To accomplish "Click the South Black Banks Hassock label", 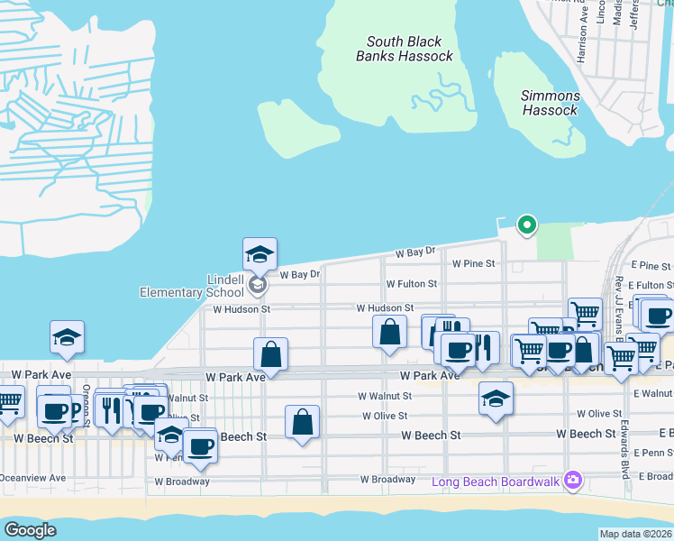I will click(405, 49).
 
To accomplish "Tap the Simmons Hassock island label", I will click(550, 103).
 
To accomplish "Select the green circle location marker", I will click(525, 225).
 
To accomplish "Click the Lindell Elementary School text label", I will click(192, 285).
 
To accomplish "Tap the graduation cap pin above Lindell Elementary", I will click(260, 254).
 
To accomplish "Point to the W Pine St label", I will click(473, 263).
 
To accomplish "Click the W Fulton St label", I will click(411, 283).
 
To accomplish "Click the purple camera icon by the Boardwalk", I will click(570, 479).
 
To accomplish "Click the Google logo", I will click(30, 530).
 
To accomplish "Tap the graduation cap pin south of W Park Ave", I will click(496, 398).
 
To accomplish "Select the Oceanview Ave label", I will click(33, 478).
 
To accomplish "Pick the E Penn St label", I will click(653, 453).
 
